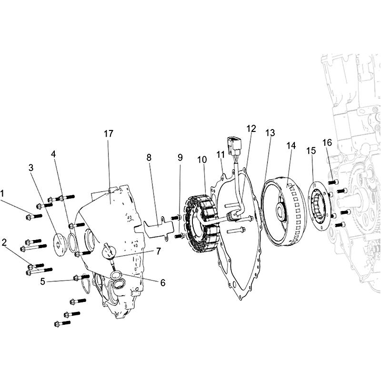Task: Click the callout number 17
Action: (x=109, y=133)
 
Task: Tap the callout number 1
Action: (x=2, y=194)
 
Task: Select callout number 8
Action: (x=149, y=158)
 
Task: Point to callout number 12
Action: (x=251, y=129)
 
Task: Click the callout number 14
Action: (x=291, y=146)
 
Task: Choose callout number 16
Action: (x=327, y=142)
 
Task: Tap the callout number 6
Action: (x=162, y=282)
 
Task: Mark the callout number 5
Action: (x=43, y=281)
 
